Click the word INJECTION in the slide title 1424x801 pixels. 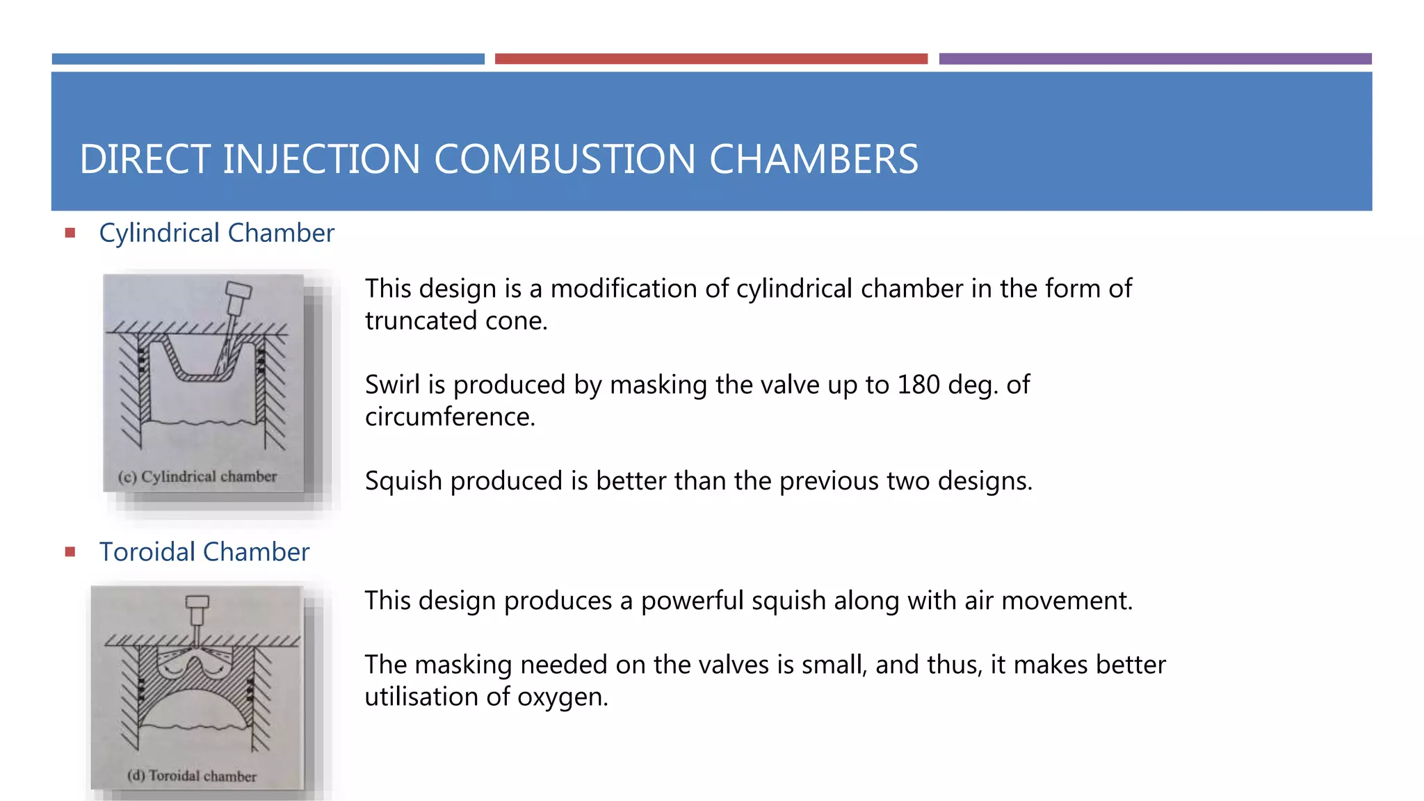321,159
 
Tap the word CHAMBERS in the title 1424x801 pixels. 814,159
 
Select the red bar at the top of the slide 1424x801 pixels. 711,59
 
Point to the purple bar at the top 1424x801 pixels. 1155,59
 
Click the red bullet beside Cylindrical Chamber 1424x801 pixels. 70,233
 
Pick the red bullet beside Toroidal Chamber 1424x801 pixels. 70,552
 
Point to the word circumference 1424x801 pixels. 449,416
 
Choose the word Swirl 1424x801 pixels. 394,385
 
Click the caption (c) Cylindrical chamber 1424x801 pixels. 197,477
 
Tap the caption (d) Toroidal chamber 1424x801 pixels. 192,776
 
